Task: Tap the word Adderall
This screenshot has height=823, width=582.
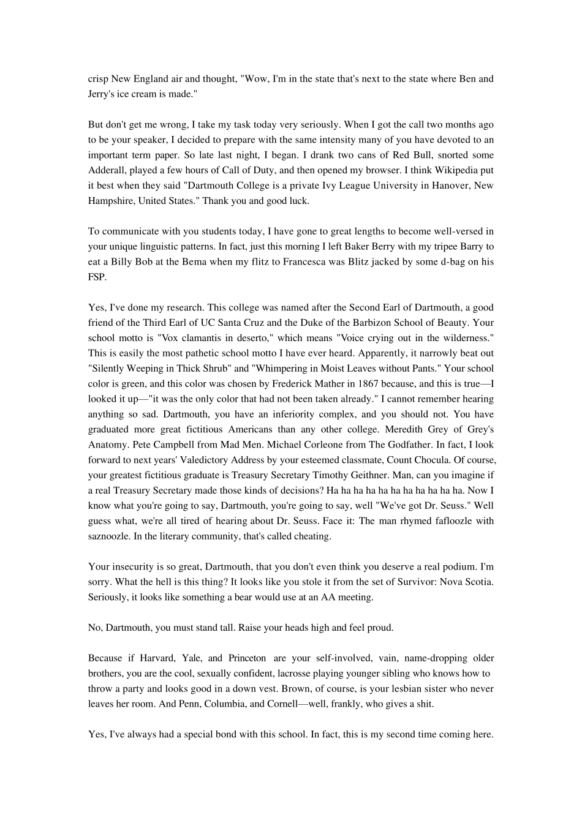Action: click(x=107, y=170)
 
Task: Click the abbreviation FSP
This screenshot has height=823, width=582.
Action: click(x=97, y=277)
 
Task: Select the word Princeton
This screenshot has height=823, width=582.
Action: click(x=247, y=658)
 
